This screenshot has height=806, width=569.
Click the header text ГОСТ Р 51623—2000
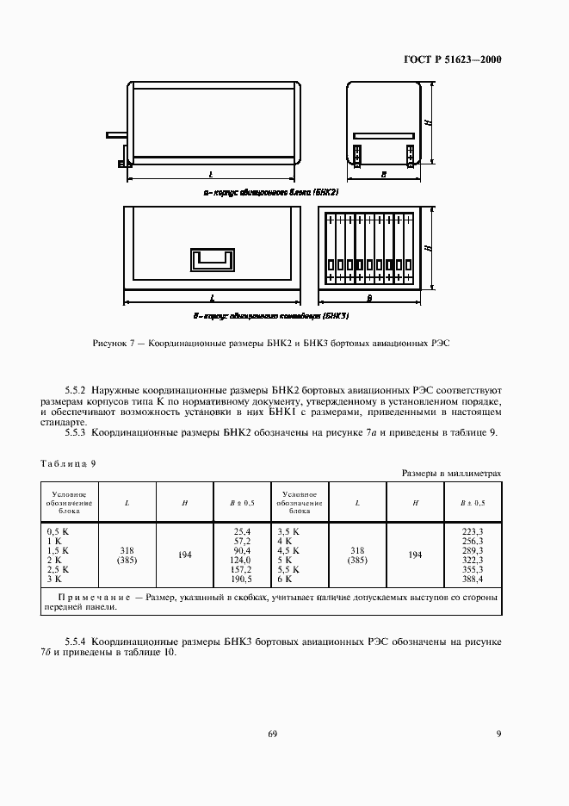453,60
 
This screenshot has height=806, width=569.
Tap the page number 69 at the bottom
273,734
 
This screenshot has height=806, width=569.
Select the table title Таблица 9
68,463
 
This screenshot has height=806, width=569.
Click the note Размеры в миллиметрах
451,474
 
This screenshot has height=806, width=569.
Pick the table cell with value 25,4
241,530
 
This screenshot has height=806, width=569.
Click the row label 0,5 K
58,530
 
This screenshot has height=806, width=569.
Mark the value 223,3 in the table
473,530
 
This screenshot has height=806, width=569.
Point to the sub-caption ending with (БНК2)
263,192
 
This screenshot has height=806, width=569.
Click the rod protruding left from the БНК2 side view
116,134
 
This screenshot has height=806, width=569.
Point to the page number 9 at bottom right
498,734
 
